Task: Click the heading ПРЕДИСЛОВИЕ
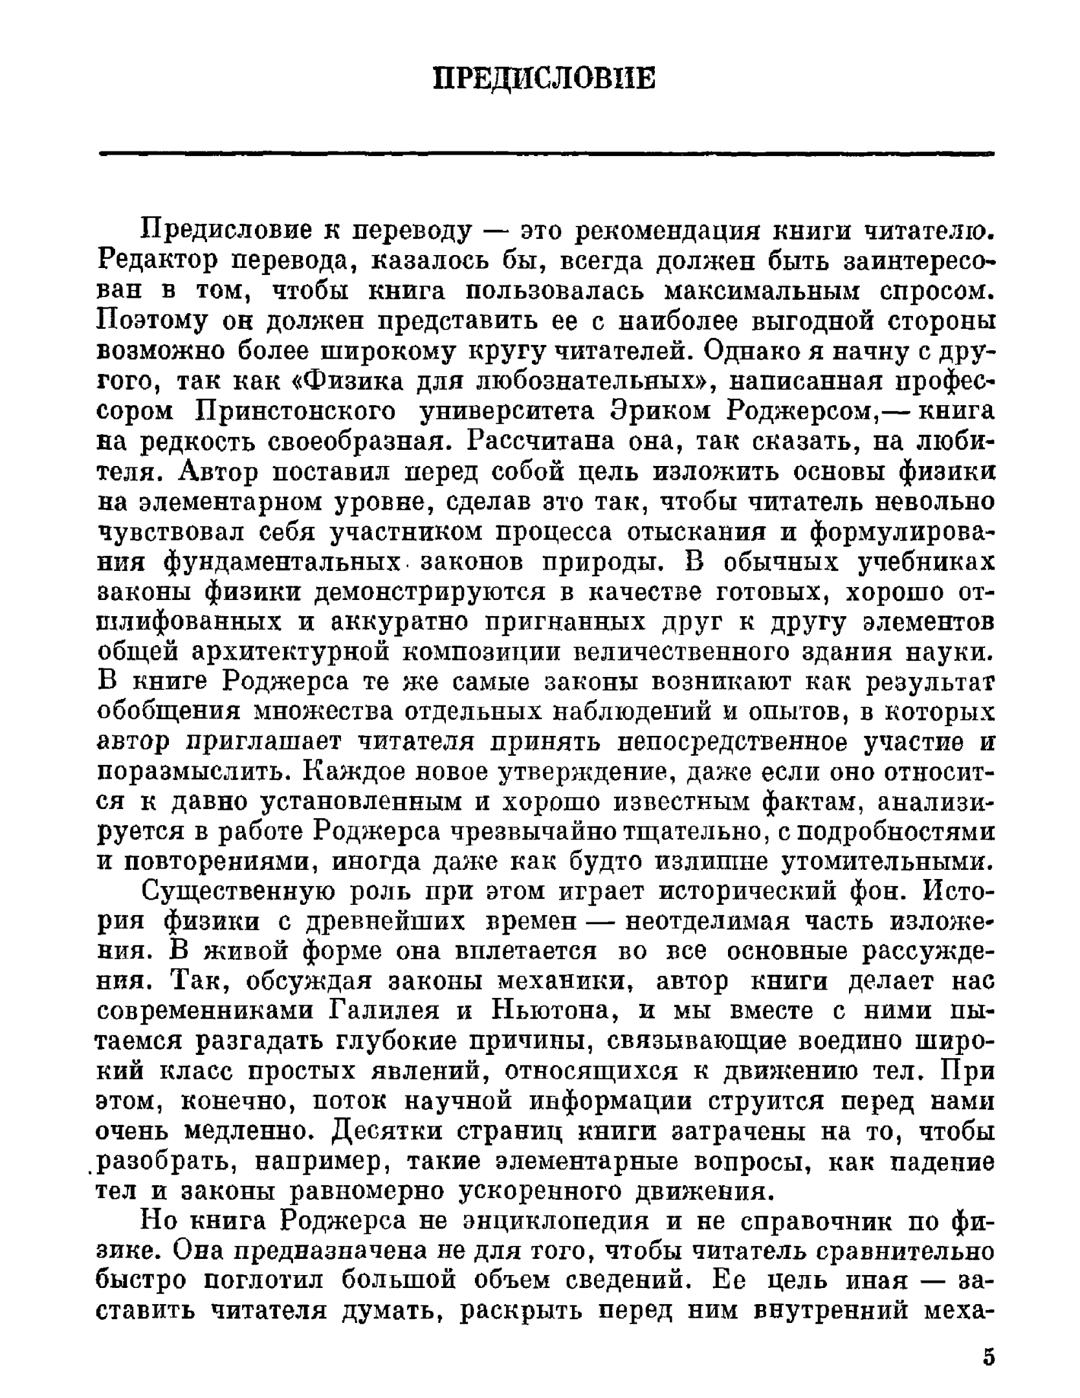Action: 544,79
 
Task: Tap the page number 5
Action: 988,1357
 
